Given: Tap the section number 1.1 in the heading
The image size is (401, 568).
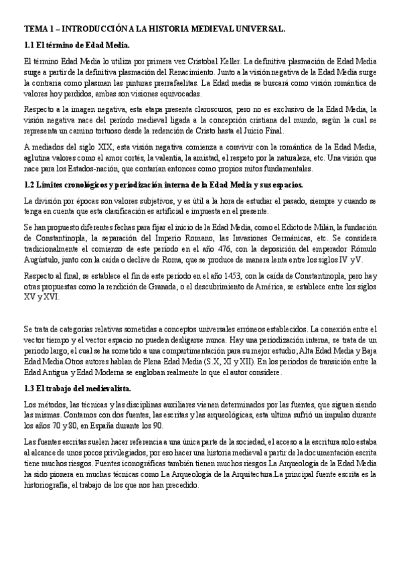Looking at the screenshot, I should (x=29, y=46).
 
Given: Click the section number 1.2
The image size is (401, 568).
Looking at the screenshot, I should (x=29, y=184).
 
